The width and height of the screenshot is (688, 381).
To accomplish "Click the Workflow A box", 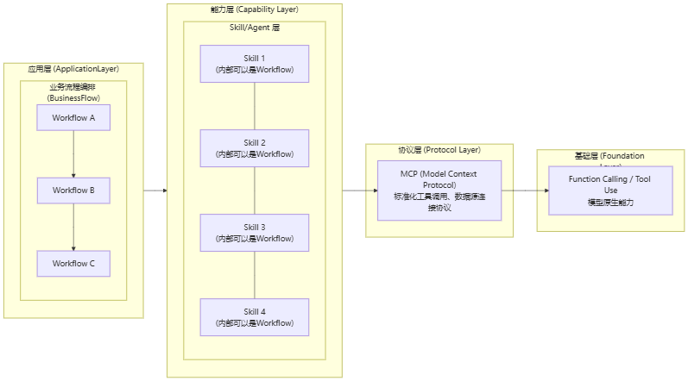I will point(73,117).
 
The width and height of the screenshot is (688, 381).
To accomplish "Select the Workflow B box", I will point(73,190).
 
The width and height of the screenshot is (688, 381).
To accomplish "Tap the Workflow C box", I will point(73,263).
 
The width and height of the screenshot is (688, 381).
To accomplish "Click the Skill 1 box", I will point(255,64).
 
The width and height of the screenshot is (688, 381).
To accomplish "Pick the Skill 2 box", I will point(255,148).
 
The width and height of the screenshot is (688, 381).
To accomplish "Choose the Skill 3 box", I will point(255,233).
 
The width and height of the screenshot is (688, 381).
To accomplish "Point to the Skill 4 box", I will point(255,317).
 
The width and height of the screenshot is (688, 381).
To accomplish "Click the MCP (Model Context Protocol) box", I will point(439,190).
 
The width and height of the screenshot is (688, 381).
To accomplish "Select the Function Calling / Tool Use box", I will point(610,190).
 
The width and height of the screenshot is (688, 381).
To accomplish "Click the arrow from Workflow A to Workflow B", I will point(73,153).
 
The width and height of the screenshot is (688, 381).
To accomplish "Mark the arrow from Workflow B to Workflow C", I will point(73,226).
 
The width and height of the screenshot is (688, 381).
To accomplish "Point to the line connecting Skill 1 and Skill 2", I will point(255,106).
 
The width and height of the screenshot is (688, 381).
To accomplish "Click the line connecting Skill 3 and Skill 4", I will point(255,275).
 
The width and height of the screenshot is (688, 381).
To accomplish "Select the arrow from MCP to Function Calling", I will point(525,190).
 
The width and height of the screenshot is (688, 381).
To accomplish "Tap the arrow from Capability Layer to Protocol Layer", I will point(354,190).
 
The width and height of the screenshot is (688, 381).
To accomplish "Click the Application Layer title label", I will point(73,69).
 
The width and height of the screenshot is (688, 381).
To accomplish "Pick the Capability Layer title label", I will point(255,9).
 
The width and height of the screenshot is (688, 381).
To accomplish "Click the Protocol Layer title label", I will point(439,150).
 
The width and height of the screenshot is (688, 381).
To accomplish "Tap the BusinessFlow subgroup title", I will point(73,92).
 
